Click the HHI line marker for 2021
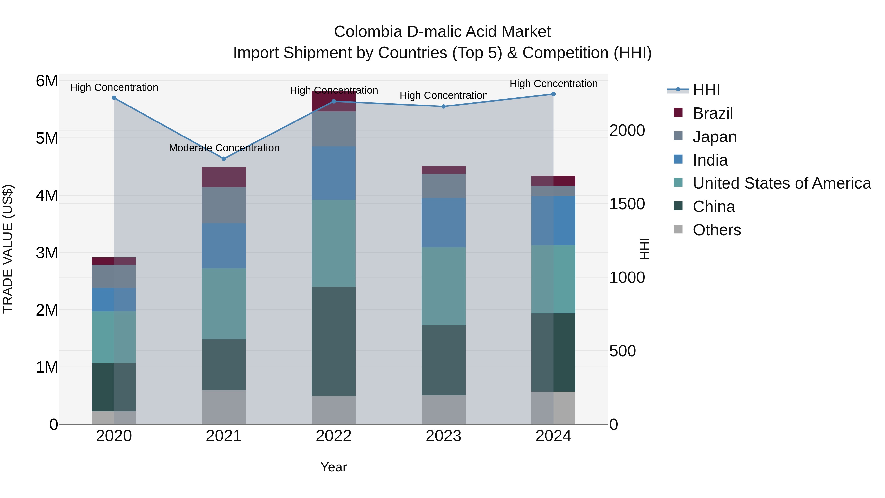(x=224, y=159)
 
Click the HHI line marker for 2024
(x=553, y=94)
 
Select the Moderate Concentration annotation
(x=224, y=148)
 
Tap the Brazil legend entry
(x=712, y=113)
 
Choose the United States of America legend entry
(x=782, y=183)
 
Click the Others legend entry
(x=717, y=230)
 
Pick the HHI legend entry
(x=706, y=90)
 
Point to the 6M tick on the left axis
(x=47, y=81)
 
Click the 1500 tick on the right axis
(x=627, y=204)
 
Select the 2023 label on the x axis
(x=443, y=436)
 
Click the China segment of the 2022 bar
(x=333, y=341)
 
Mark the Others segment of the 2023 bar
(x=443, y=410)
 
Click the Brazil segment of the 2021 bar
(x=224, y=177)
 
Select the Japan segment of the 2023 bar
(x=443, y=186)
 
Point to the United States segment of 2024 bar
(x=553, y=279)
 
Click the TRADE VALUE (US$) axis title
(x=8, y=249)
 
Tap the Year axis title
(x=333, y=467)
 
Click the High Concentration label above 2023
(x=443, y=96)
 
